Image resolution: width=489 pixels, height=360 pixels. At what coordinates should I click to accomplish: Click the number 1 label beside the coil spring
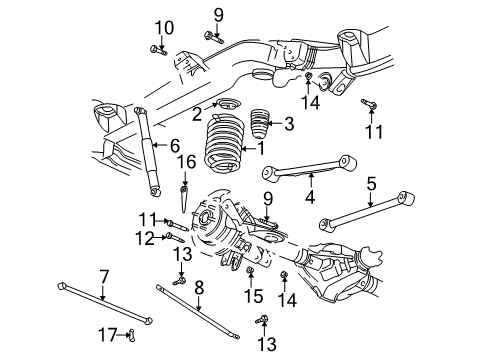(x=261, y=148)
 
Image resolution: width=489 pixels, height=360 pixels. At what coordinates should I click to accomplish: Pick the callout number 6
(x=174, y=145)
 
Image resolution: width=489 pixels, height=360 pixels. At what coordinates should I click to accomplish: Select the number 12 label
(x=146, y=237)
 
